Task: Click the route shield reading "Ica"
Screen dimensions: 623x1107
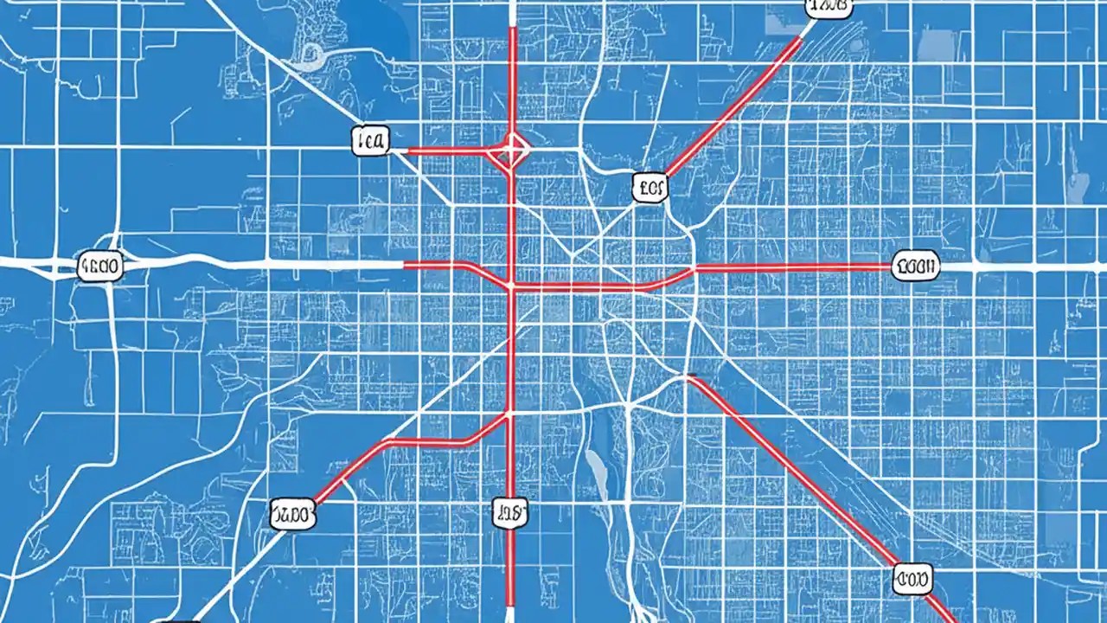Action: (371, 141)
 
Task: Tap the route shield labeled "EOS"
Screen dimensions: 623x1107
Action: (650, 186)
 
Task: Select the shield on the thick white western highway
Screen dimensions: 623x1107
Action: (100, 267)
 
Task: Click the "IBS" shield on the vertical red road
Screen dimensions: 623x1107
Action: (509, 513)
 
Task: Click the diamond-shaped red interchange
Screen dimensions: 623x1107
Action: (511, 151)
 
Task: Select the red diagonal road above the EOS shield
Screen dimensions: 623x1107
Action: (735, 104)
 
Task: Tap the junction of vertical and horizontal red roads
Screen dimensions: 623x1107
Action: (511, 286)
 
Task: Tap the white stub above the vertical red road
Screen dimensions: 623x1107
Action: (513, 12)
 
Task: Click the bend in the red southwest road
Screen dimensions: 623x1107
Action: (385, 442)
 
